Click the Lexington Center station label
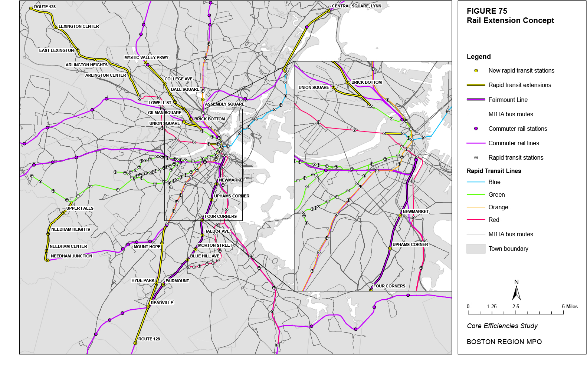(x=79, y=26)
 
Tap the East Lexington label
(x=56, y=50)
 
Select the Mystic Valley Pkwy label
(x=146, y=57)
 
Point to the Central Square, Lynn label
(x=356, y=6)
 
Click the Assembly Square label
(x=224, y=104)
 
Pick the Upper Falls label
(x=80, y=208)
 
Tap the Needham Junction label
(x=72, y=256)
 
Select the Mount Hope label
(x=147, y=247)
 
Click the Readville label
(x=162, y=303)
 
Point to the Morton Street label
(x=215, y=245)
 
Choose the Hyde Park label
(x=143, y=280)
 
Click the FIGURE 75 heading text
(x=487, y=11)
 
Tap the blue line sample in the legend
(x=476, y=182)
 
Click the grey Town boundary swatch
(x=476, y=249)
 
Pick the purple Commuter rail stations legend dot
(x=476, y=129)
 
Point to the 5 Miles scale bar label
(x=570, y=306)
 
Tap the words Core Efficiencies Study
(x=502, y=326)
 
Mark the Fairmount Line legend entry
(x=508, y=100)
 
